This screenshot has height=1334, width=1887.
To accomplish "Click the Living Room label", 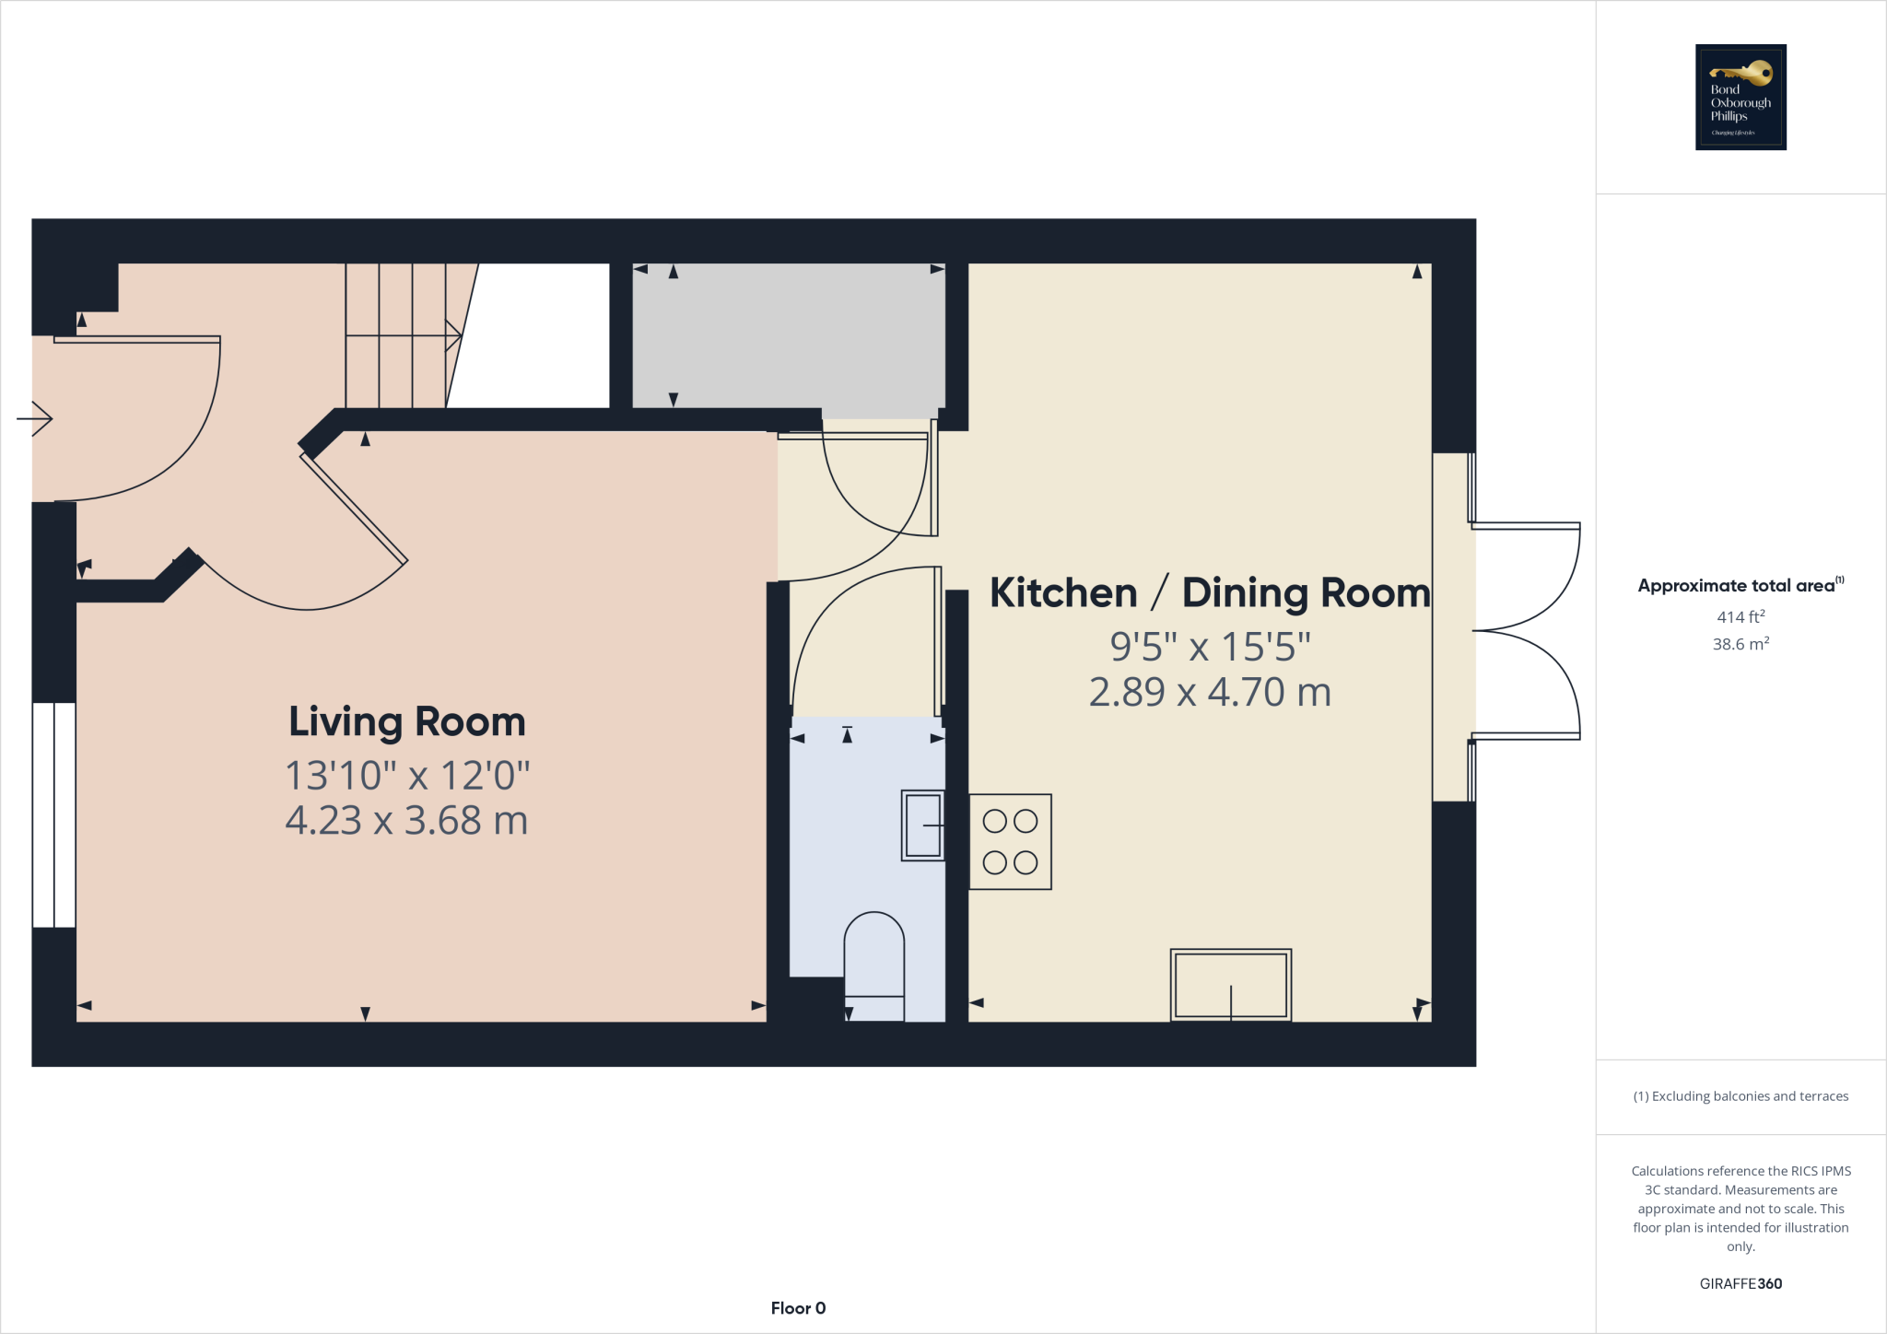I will [406, 721].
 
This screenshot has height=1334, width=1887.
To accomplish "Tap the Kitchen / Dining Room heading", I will [1209, 593].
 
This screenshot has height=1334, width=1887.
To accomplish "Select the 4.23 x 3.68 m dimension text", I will [406, 821].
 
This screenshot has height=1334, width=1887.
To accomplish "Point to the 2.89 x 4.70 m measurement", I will [1210, 693].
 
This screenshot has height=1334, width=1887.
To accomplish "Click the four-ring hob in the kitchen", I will [1010, 841].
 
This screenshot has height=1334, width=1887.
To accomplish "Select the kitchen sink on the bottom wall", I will [1230, 985].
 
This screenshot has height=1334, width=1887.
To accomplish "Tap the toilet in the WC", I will [873, 963].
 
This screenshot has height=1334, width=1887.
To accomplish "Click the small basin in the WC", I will [922, 825].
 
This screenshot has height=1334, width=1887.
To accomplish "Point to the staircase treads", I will [396, 335].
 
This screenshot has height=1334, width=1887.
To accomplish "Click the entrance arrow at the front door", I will [35, 419].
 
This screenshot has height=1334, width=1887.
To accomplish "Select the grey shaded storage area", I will [789, 335].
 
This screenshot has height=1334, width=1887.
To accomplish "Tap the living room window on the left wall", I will [53, 814].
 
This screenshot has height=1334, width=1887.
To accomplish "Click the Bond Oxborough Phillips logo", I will [1740, 97].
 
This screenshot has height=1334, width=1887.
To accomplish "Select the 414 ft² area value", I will [1740, 616].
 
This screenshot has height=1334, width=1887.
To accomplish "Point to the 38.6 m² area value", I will [1740, 644].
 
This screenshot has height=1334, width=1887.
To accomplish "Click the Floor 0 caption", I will [798, 1308].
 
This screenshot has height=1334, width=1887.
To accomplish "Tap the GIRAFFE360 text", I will [1740, 1283].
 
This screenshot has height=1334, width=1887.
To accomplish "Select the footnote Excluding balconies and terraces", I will [1740, 1096].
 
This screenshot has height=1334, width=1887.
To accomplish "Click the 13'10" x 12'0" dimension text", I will [406, 776].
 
